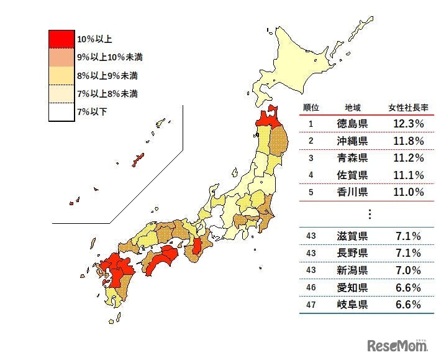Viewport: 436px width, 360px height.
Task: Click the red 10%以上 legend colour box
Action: [x=61, y=39]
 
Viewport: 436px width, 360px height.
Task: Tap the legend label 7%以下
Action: [x=91, y=112]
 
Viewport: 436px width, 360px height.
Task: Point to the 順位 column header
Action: [x=311, y=107]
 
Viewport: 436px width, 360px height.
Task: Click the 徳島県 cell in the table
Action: [x=352, y=124]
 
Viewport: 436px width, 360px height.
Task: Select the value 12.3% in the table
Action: [x=407, y=124]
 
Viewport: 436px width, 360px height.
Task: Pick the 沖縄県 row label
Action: [x=352, y=141]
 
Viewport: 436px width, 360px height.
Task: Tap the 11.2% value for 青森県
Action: [x=407, y=158]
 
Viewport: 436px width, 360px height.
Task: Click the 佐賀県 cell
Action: [x=352, y=175]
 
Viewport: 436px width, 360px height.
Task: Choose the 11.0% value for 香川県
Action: [x=407, y=192]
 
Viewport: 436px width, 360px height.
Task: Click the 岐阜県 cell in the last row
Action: [x=352, y=305]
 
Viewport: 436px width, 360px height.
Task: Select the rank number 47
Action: [x=311, y=305]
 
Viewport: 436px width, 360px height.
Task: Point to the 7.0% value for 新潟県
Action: [x=407, y=270]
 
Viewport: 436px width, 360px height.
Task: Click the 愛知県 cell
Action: [x=352, y=288]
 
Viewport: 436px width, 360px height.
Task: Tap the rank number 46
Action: [x=311, y=288]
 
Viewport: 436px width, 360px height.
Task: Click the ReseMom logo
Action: [x=397, y=345]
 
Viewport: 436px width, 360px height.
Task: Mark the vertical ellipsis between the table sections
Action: [x=370, y=214]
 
